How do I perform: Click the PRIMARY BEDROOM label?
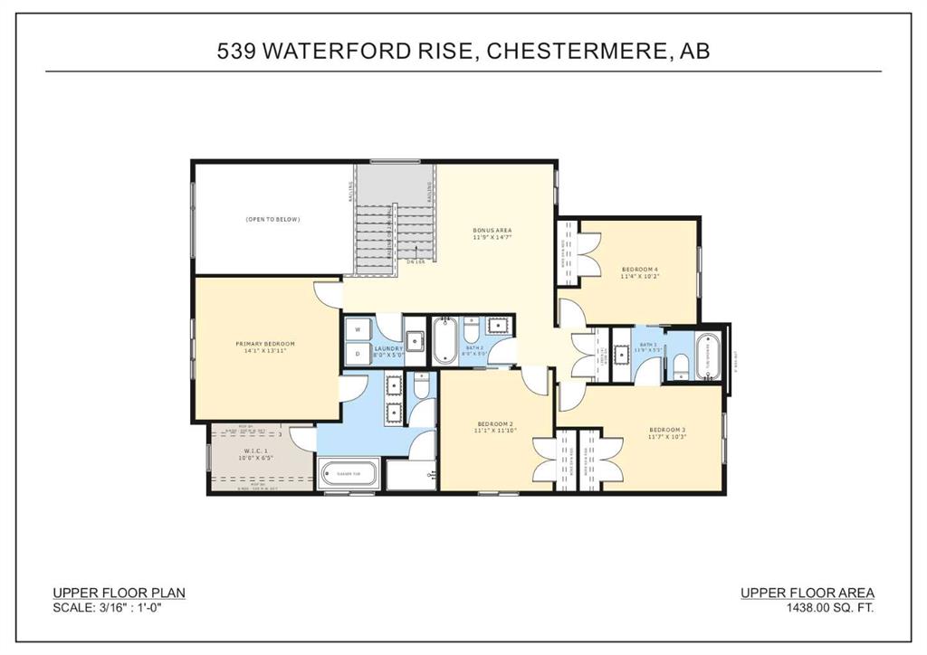tap(265, 344)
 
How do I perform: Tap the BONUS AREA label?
tap(492, 231)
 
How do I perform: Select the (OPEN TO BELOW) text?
tap(272, 220)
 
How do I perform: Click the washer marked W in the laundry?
tap(358, 329)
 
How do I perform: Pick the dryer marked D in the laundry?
tap(358, 354)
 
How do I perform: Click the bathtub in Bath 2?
tap(444, 340)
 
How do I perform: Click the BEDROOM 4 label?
tap(640, 269)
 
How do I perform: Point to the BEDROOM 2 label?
tap(495, 423)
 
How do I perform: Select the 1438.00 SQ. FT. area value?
tap(830, 608)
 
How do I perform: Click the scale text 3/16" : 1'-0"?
tap(135, 608)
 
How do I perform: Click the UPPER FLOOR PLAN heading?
tap(119, 593)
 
